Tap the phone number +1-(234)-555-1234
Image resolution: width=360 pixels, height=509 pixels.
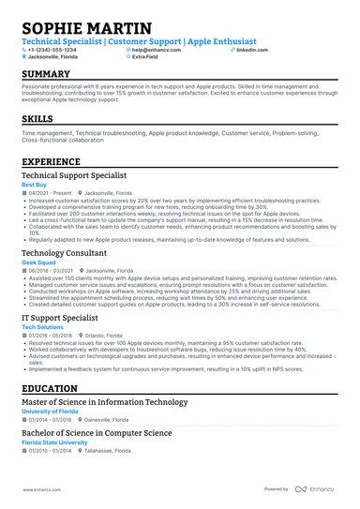[59, 49]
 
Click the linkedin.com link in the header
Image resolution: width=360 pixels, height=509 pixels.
[252, 49]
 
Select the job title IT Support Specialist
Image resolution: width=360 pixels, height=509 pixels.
[60, 319]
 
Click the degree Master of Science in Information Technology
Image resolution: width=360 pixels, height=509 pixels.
[104, 401]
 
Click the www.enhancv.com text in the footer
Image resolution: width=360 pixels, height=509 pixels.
[41, 489]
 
